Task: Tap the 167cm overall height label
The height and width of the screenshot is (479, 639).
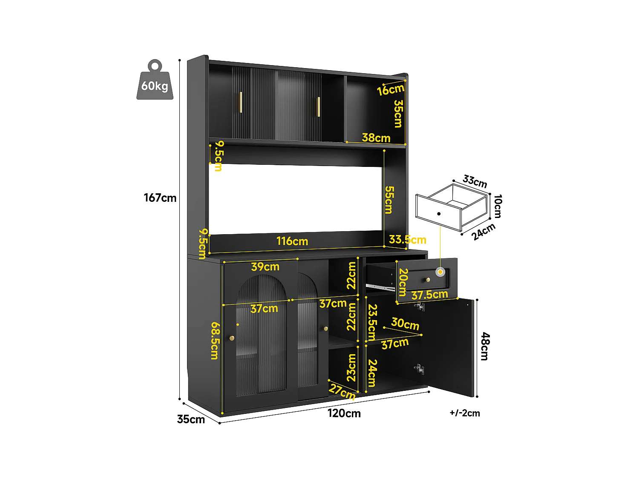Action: [160, 198]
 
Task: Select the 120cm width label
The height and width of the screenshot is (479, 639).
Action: [344, 413]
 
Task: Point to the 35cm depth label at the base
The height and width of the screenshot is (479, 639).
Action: [191, 419]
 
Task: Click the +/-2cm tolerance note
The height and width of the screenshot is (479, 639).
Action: [464, 413]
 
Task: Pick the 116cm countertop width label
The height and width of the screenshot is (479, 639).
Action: [292, 241]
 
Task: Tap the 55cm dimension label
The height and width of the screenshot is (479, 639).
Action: [389, 200]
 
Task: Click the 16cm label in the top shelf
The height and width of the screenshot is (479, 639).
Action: [390, 90]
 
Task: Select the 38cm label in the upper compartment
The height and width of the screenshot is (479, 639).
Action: [376, 138]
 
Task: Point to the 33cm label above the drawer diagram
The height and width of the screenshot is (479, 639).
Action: [475, 181]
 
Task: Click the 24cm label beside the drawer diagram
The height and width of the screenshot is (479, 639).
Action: [484, 232]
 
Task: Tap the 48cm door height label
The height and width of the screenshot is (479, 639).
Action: [485, 347]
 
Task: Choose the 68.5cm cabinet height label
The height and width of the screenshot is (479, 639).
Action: [215, 340]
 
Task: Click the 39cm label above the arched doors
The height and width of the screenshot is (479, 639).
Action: [265, 267]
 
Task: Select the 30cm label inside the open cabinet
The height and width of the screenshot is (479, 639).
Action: [405, 324]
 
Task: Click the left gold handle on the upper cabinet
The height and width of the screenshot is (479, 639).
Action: [241, 102]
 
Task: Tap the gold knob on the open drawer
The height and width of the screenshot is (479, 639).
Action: [428, 280]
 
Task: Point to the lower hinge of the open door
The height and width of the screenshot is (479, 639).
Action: [419, 369]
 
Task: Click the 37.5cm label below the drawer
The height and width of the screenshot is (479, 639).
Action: [429, 295]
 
